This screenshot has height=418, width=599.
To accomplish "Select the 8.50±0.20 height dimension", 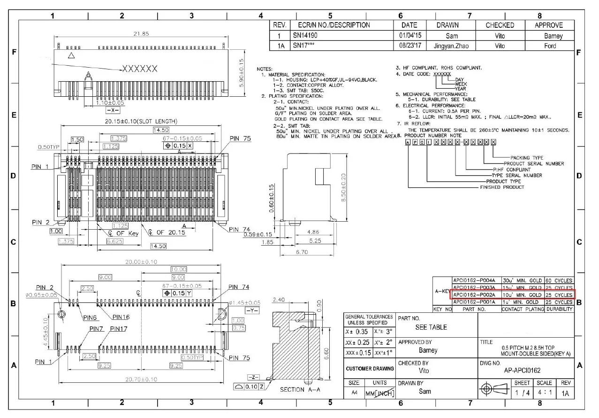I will click(x=344, y=187).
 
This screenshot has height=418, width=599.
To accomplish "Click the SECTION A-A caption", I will click(x=299, y=389).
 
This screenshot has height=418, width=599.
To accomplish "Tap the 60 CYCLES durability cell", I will click(x=559, y=280).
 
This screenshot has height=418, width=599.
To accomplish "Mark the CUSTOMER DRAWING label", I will click(x=370, y=369).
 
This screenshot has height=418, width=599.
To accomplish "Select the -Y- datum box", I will click(x=251, y=310).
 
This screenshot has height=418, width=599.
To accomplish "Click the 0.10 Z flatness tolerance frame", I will click(x=250, y=386).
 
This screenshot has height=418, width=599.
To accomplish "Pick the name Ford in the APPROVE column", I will click(x=550, y=46).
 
